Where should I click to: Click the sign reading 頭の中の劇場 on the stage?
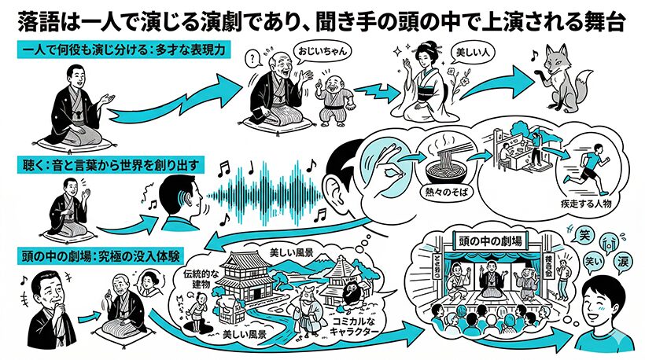click(493, 237)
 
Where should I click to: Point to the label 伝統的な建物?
click(194, 282)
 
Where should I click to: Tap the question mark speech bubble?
click(252, 57)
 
